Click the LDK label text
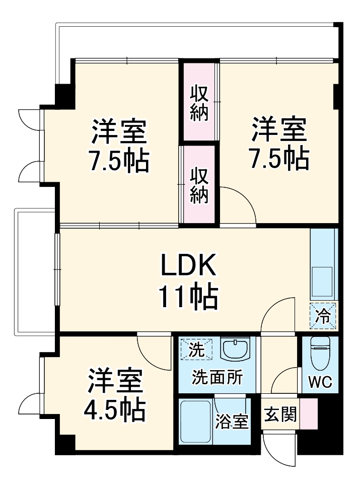click(188, 265)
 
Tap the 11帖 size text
click(188, 297)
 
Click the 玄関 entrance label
click(279, 416)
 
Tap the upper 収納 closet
click(199, 103)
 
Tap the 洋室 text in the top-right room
click(279, 130)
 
